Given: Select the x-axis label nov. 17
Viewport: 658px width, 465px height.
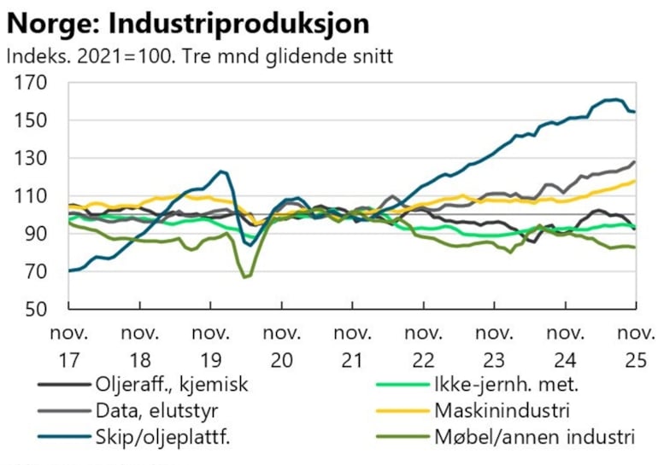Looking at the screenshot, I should pos(68,343).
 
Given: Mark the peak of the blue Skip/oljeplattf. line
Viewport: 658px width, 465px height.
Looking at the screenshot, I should pos(613,100).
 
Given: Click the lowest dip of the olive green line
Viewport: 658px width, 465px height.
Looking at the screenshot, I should pos(245,277).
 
